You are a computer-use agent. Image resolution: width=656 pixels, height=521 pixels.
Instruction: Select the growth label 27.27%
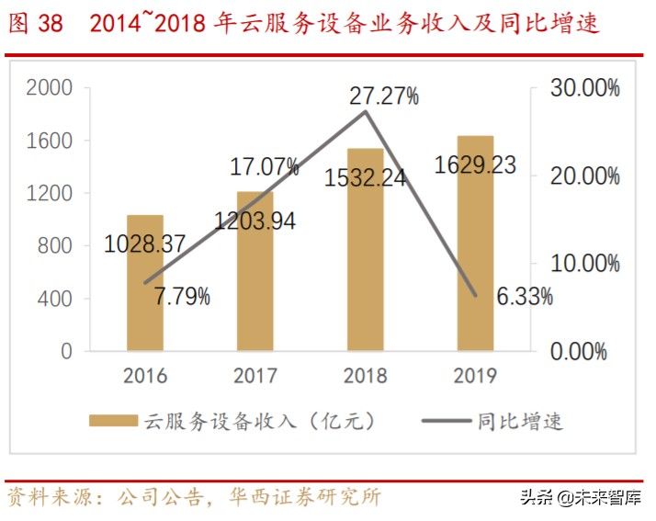pyautogui.click(x=384, y=96)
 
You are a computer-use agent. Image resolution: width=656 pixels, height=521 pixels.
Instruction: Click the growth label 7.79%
pyautogui.click(x=181, y=297)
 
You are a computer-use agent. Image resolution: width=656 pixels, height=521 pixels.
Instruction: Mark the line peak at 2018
pyautogui.click(x=366, y=111)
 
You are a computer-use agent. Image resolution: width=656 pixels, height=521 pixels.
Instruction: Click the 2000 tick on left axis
pyautogui.click(x=50, y=88)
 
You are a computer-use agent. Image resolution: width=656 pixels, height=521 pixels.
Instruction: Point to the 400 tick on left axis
pyautogui.click(x=54, y=299)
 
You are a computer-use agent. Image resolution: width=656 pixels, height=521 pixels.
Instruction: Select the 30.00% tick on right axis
pyautogui.click(x=585, y=88)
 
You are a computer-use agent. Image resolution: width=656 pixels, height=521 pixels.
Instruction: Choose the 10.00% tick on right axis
pyautogui.click(x=585, y=264)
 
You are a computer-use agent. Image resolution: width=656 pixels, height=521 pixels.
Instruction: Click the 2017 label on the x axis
pyautogui.click(x=255, y=375)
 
